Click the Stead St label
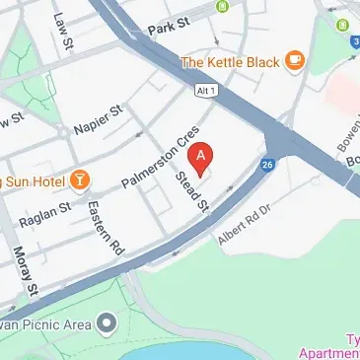(192, 194)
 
